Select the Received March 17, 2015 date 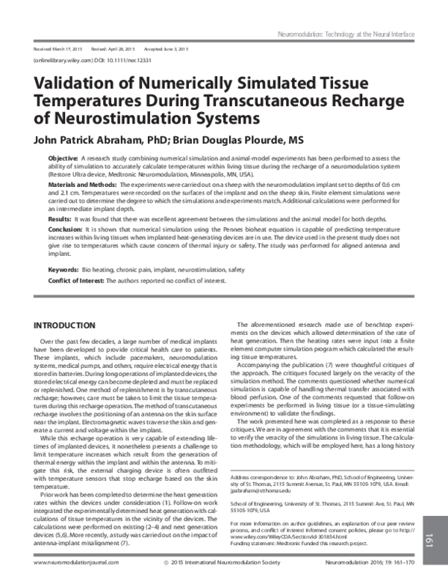[x=57, y=47]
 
